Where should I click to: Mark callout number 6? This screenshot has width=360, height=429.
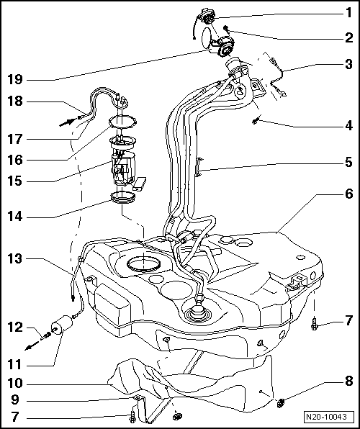[x=348, y=194]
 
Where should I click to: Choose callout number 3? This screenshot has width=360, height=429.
[x=348, y=64]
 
